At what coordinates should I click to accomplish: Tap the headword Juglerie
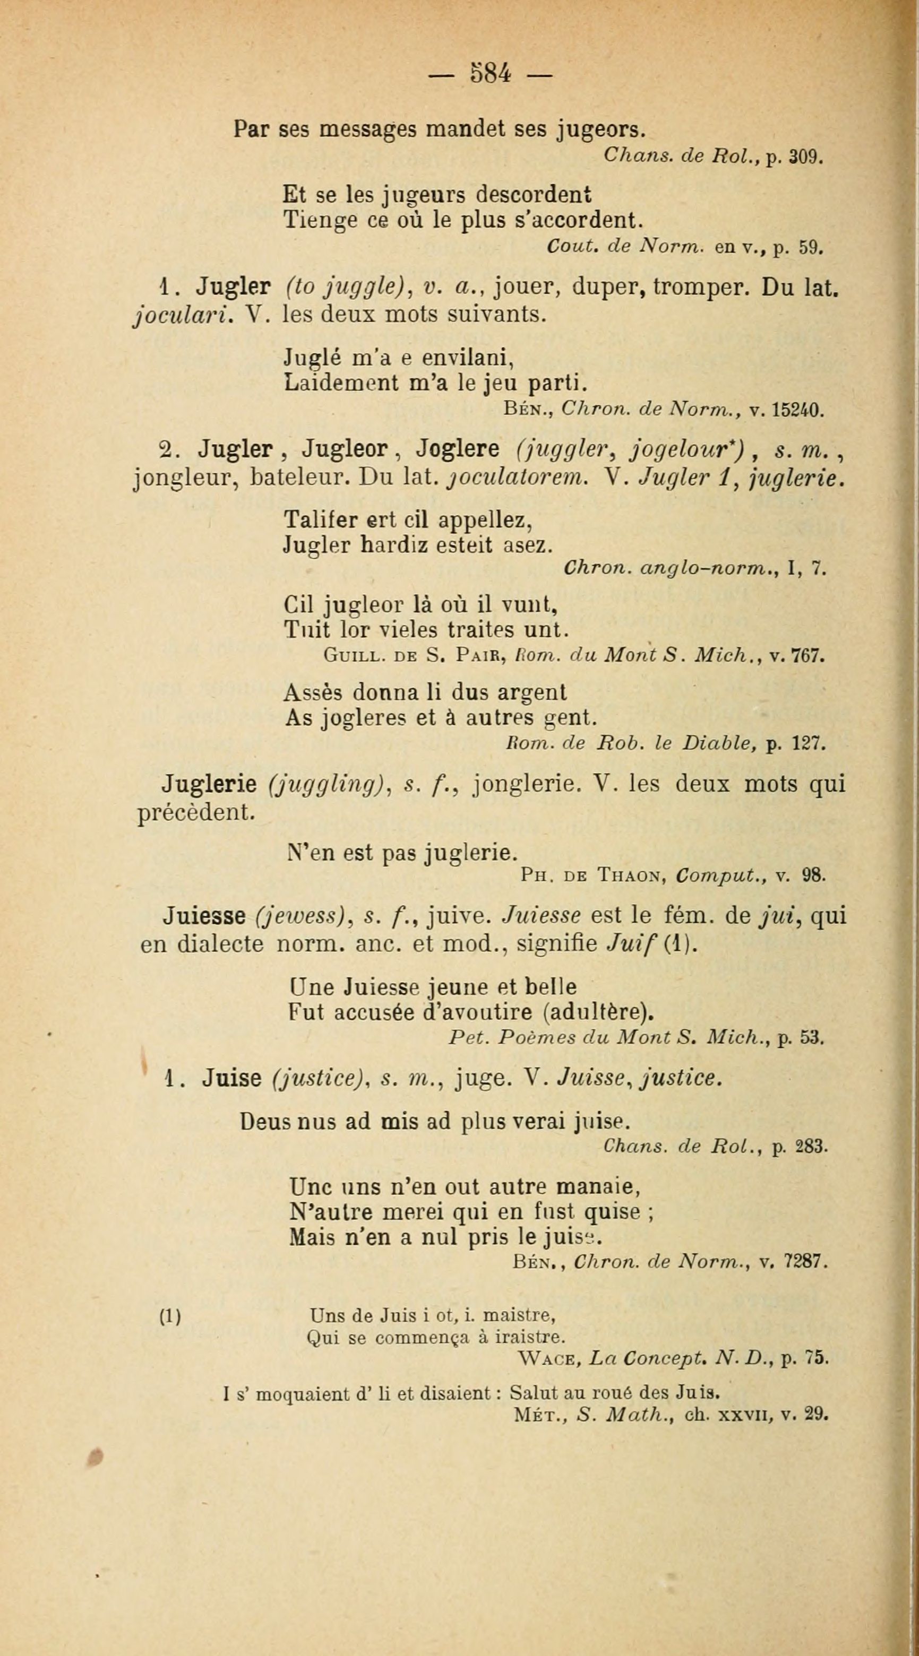pyautogui.click(x=209, y=785)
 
